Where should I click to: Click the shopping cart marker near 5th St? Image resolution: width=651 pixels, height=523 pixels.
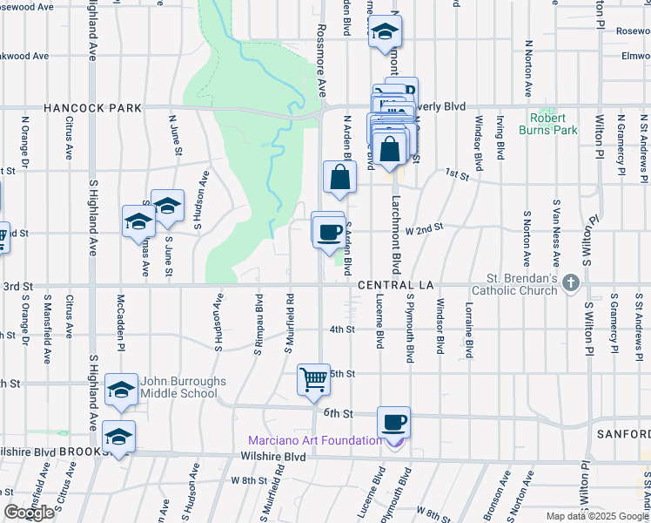(313, 379)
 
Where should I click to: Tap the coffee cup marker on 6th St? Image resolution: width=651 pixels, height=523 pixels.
(393, 422)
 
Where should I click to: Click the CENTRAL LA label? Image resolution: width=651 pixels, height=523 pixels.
(396, 285)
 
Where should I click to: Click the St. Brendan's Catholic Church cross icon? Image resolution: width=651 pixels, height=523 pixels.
(571, 282)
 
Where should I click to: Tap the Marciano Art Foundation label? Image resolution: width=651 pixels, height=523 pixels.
(315, 440)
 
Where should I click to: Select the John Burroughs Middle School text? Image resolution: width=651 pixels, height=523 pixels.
(184, 388)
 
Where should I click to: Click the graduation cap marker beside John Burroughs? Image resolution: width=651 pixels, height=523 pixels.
(122, 389)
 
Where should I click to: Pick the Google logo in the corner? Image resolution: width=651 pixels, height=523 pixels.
(29, 513)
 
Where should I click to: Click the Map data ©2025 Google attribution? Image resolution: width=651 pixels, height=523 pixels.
(597, 516)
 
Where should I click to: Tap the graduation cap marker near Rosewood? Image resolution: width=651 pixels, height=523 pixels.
(384, 33)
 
